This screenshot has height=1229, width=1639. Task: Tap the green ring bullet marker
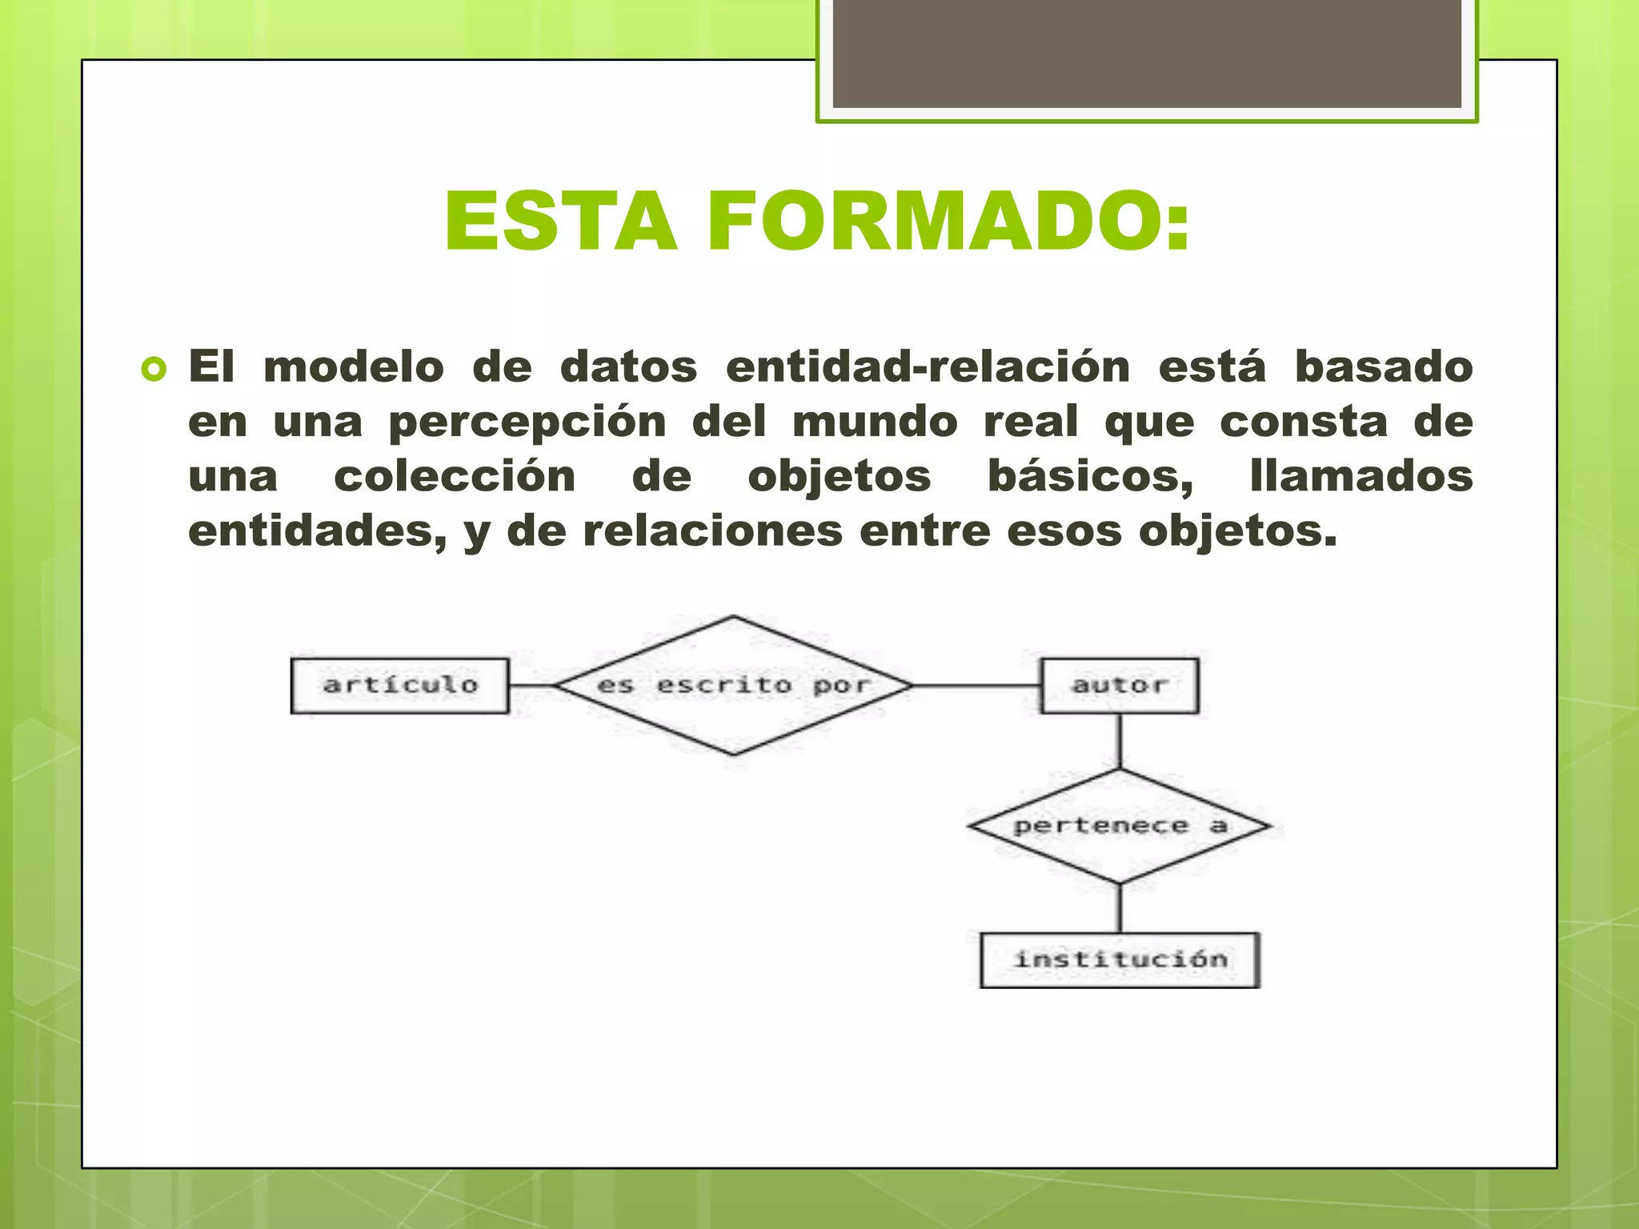tap(153, 370)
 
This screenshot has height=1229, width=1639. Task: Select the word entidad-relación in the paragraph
tap(928, 367)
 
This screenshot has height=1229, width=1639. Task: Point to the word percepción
tap(527, 422)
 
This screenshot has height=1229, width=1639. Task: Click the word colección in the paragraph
tap(455, 477)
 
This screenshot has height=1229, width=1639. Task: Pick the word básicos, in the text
tap(1090, 477)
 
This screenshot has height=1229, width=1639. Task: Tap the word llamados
tap(1360, 477)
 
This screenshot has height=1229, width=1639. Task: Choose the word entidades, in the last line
tap(317, 531)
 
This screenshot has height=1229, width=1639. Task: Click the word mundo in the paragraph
tap(875, 422)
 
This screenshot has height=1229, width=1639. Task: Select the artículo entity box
tap(400, 686)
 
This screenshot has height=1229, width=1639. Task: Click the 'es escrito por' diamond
tap(734, 686)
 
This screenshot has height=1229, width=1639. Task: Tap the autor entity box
tap(1120, 686)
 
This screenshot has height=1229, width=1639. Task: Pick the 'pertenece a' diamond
tap(1120, 827)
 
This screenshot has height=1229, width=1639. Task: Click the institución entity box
tap(1120, 959)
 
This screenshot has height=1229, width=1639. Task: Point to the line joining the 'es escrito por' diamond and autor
tap(976, 686)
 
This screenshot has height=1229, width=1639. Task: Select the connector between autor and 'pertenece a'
tap(1120, 742)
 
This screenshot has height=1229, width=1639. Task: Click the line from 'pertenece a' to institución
tap(1120, 909)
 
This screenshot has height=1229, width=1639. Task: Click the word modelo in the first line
tap(354, 367)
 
